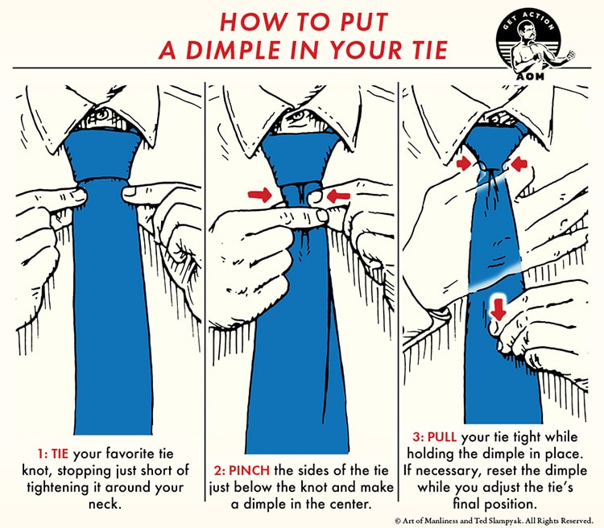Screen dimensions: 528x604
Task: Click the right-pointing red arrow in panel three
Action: [x=466, y=163]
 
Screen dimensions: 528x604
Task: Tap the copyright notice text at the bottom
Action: [x=498, y=519]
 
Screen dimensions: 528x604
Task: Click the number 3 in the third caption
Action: [x=417, y=435]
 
